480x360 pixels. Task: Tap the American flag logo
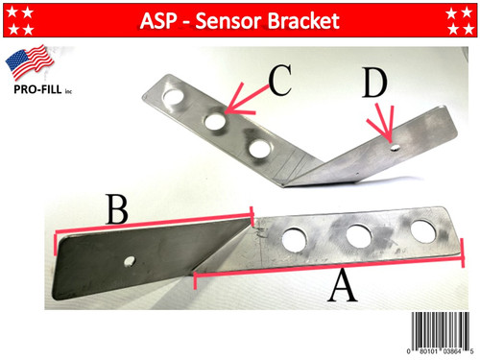coord(31,64)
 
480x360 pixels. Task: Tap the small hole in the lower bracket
coord(132,260)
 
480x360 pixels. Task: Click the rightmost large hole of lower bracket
coord(422,231)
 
